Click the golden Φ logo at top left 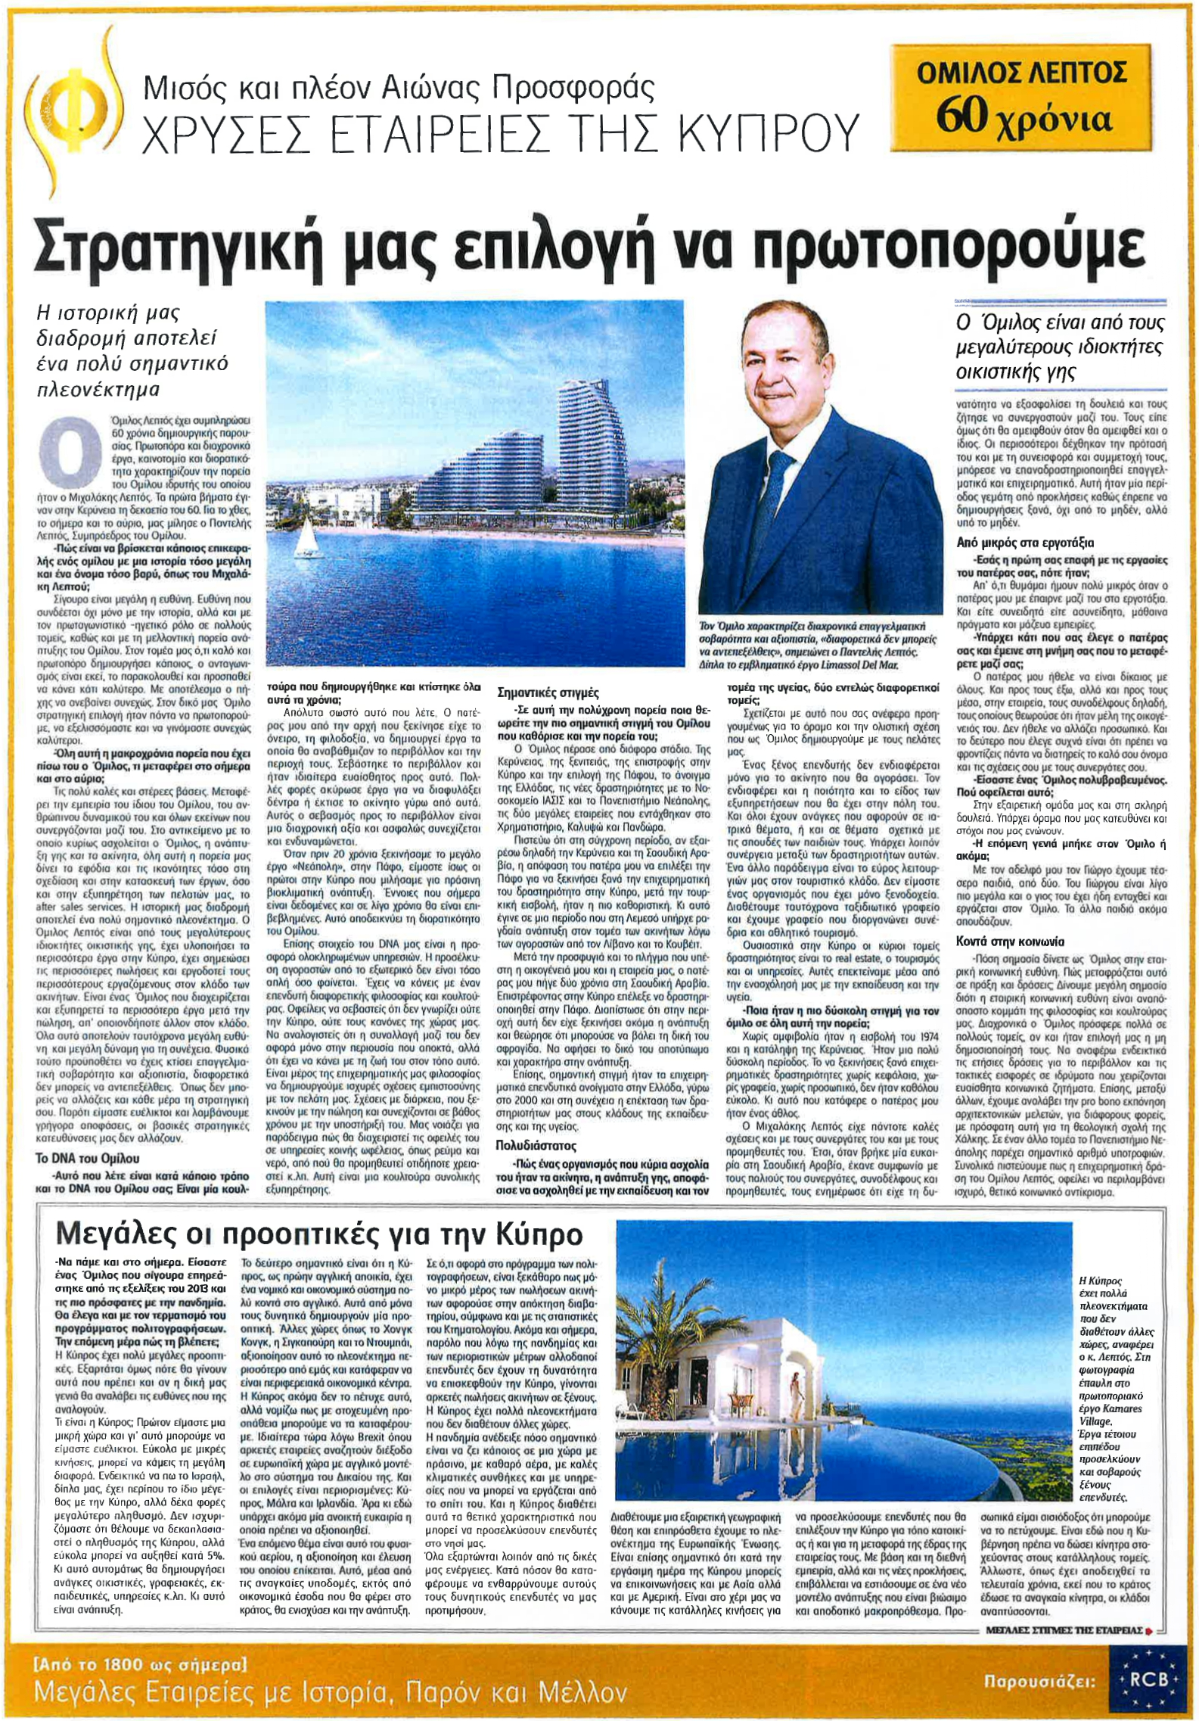click(61, 103)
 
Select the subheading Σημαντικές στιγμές click(548, 692)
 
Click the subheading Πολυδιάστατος click(536, 1145)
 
